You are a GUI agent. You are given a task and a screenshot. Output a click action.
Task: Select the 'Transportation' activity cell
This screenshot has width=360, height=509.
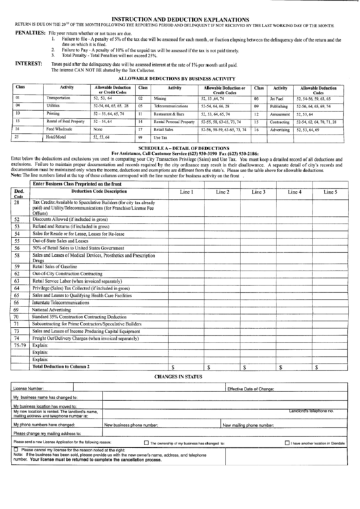[58, 99]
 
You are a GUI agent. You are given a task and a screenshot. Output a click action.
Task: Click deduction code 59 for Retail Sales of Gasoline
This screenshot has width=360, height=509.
[16, 266]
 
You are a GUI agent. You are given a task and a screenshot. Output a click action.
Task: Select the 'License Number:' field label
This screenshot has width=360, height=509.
[31, 388]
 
